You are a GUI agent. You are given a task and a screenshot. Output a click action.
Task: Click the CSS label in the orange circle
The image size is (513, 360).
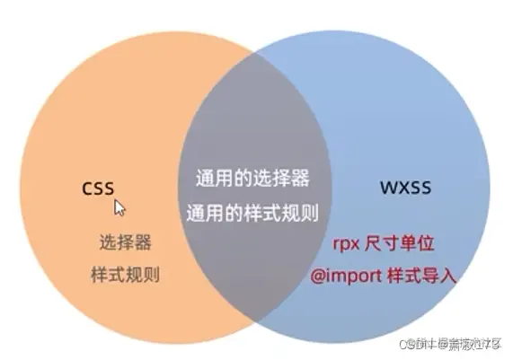(x=100, y=189)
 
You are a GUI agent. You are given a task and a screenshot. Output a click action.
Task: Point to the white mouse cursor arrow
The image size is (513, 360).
(x=119, y=207)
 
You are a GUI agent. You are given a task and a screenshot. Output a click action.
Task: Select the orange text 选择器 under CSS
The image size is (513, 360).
(x=124, y=242)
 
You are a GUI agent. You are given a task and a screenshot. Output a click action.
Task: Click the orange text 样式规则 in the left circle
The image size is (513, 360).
(x=124, y=275)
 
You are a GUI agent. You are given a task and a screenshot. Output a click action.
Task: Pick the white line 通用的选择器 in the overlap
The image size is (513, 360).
(x=252, y=178)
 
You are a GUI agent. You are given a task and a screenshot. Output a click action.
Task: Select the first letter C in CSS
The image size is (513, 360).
(x=87, y=189)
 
